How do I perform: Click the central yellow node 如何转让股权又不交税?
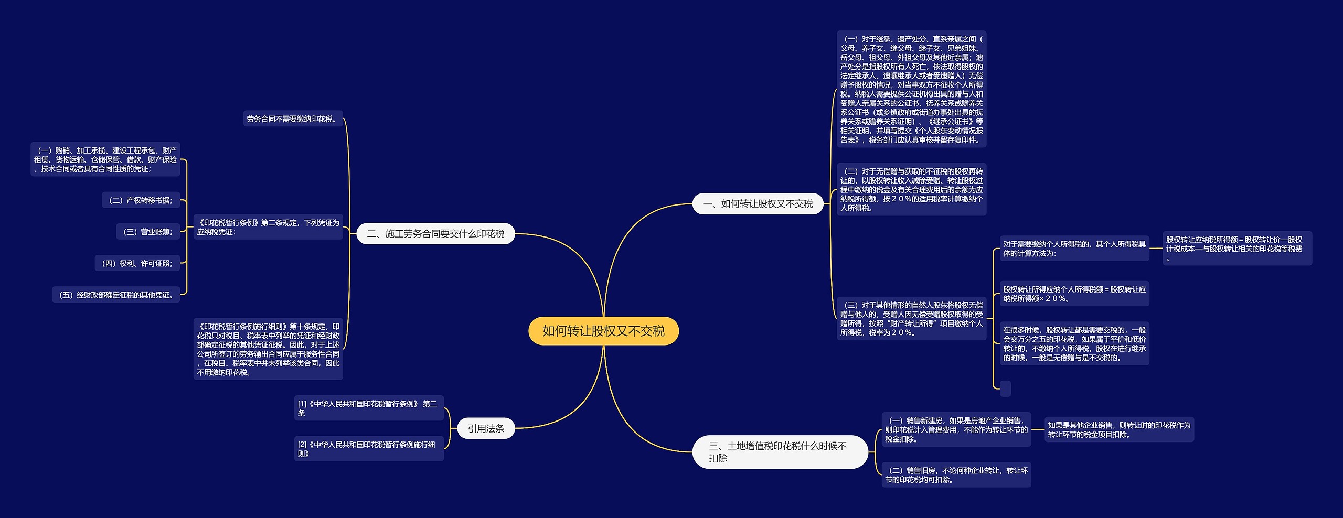(x=603, y=331)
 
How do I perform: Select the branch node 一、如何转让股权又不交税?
(x=758, y=204)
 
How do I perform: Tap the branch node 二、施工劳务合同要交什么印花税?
(x=435, y=234)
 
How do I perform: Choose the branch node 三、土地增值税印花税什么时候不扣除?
(x=780, y=452)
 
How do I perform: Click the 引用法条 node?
(x=486, y=428)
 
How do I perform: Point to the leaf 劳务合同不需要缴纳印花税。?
(x=292, y=119)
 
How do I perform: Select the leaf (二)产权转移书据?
(x=141, y=200)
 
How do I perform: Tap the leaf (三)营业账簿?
(x=147, y=232)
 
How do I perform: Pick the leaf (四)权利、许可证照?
(x=137, y=263)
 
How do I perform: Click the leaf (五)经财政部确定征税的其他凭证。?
(x=116, y=295)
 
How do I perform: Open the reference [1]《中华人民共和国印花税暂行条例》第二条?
(x=368, y=408)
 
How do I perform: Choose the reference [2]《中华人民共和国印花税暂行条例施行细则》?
(x=368, y=449)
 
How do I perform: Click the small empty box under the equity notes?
(x=1005, y=388)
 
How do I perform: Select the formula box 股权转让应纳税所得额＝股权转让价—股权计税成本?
(x=1237, y=249)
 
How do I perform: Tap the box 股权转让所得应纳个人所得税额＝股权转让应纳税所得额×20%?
(x=1074, y=294)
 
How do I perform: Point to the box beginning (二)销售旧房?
(x=956, y=474)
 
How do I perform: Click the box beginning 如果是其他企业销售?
(x=1118, y=429)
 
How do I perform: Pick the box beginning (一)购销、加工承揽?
(x=105, y=159)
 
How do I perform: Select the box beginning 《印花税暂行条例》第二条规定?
(x=268, y=227)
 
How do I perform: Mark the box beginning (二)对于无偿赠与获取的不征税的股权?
(x=911, y=189)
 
